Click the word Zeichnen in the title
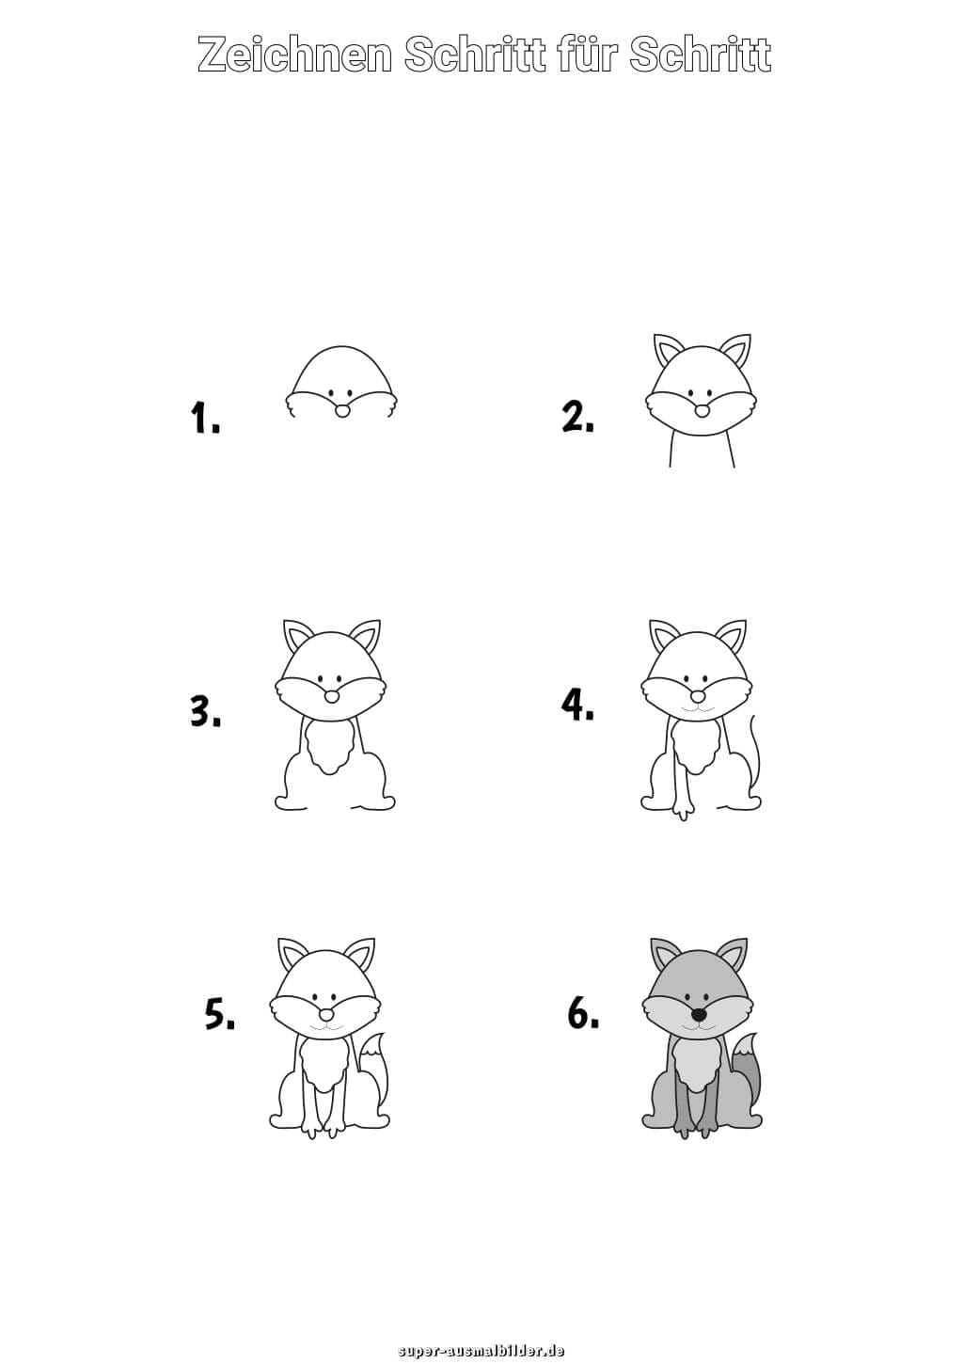pos(294,55)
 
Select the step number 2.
pos(577,416)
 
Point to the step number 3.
pos(206,710)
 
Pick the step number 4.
pos(577,705)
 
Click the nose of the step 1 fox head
pos(342,411)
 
